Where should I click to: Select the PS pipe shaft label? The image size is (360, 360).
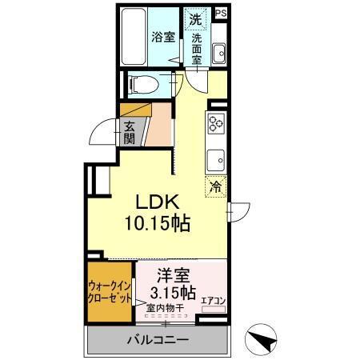222,13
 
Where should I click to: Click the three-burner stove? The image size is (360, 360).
216,123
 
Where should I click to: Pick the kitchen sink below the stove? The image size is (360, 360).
216,158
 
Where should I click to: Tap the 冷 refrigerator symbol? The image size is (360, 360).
215,188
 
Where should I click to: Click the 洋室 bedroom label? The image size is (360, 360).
172,274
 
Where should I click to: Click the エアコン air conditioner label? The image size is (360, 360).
214,301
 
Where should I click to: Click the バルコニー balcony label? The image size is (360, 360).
158,340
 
